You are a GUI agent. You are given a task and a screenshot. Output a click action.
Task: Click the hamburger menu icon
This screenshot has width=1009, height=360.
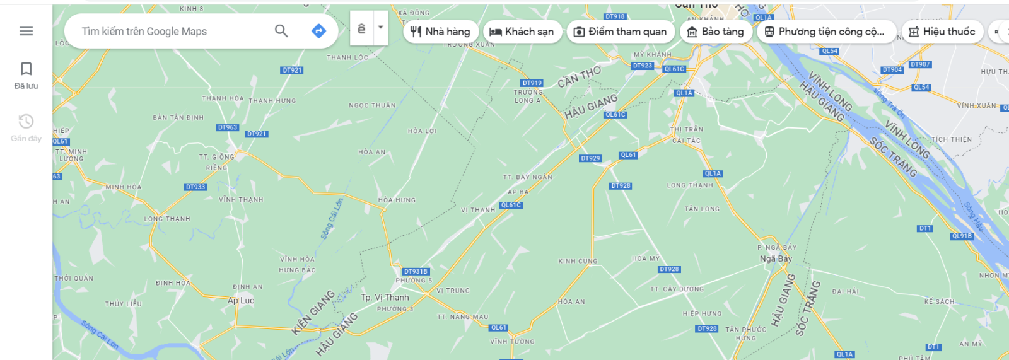[x=26, y=31]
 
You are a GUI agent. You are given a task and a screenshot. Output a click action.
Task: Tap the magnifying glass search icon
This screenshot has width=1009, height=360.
[x=281, y=31]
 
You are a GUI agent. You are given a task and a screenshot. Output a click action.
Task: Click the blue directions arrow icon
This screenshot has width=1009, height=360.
[x=319, y=31]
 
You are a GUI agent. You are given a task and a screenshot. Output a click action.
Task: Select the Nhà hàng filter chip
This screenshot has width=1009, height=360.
[x=440, y=32]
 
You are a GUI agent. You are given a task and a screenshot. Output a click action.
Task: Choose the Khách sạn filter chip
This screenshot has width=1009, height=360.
[x=522, y=32]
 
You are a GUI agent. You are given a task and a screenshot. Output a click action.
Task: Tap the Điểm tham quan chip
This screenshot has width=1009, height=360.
[x=621, y=32]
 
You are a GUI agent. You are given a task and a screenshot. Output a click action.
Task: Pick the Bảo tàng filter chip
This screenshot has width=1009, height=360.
[x=715, y=32]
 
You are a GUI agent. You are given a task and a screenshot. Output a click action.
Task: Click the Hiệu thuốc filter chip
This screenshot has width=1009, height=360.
[x=942, y=32]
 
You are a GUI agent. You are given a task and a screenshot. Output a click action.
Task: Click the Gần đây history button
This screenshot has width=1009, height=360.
[x=26, y=127]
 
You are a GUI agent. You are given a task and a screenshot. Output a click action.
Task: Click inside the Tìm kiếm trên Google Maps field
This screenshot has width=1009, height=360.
[x=170, y=31]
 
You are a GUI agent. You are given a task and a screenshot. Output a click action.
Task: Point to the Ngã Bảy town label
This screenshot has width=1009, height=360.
[x=776, y=258]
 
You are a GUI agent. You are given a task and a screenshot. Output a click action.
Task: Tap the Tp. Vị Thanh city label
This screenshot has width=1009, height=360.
[x=385, y=298]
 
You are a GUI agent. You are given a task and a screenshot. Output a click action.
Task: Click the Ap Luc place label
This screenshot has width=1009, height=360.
[x=241, y=301]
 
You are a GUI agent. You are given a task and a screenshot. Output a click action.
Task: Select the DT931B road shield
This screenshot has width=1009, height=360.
[x=416, y=272]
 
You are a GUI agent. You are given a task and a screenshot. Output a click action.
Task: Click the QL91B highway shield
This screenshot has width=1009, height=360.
[x=962, y=236]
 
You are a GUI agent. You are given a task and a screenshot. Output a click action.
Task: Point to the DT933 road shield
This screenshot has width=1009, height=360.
[x=195, y=187]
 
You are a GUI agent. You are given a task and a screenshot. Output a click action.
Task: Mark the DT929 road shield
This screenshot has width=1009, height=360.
[x=590, y=158]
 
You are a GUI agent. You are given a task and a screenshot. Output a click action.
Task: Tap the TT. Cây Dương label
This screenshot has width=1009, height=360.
[x=677, y=289]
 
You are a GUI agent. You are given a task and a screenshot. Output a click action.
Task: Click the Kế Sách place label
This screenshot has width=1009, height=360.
[x=939, y=302]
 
